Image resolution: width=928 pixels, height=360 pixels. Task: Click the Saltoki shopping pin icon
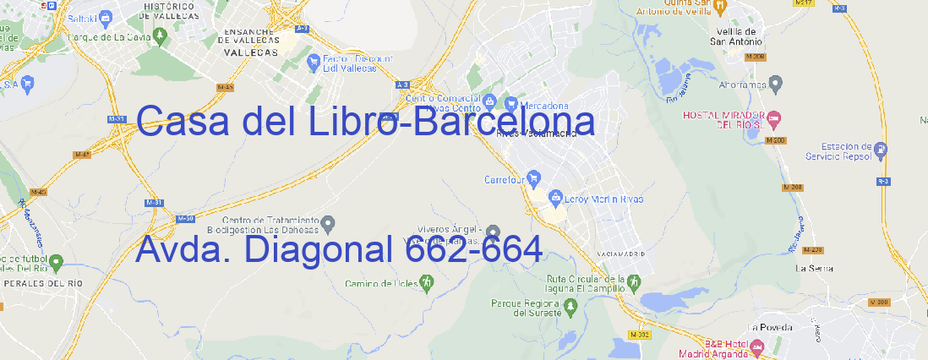[x=105, y=17]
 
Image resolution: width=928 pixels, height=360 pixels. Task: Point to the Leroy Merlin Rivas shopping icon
[x=555, y=199]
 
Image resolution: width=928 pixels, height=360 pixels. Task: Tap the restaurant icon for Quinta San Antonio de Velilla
[x=720, y=7]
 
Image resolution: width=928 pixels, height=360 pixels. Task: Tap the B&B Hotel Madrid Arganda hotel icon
[x=758, y=346]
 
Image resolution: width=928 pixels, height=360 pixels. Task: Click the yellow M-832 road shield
[x=641, y=335]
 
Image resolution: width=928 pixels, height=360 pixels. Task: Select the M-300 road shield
[x=880, y=302]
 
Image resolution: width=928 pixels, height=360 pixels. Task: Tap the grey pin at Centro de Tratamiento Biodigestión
[x=330, y=224]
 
